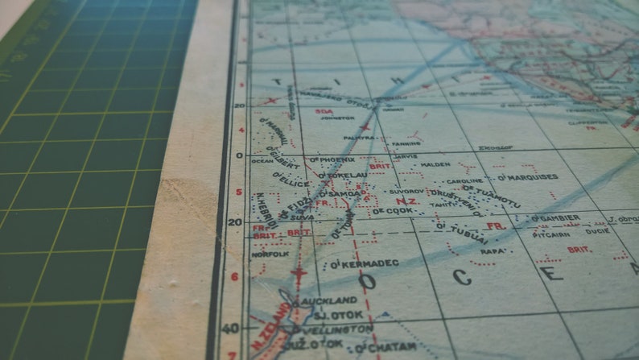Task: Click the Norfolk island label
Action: coord(270,254)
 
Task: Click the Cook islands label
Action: coord(394,211)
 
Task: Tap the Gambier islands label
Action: coord(559,217)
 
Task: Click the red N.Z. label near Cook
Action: coord(406,200)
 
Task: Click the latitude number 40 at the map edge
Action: coord(231,328)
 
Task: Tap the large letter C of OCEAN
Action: coord(462,277)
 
